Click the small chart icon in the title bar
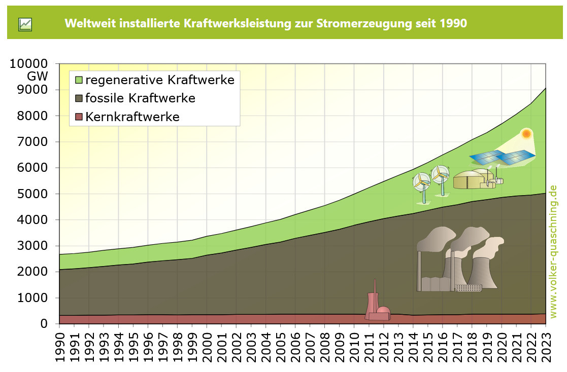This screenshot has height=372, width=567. click(25, 24)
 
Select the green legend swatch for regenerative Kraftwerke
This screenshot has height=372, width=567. click(78, 80)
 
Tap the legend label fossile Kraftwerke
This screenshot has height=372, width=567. click(140, 98)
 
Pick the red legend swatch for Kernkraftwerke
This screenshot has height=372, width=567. click(78, 117)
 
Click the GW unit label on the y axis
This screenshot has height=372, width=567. click(38, 77)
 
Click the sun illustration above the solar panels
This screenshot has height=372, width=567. click(526, 134)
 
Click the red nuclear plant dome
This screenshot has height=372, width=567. click(383, 312)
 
